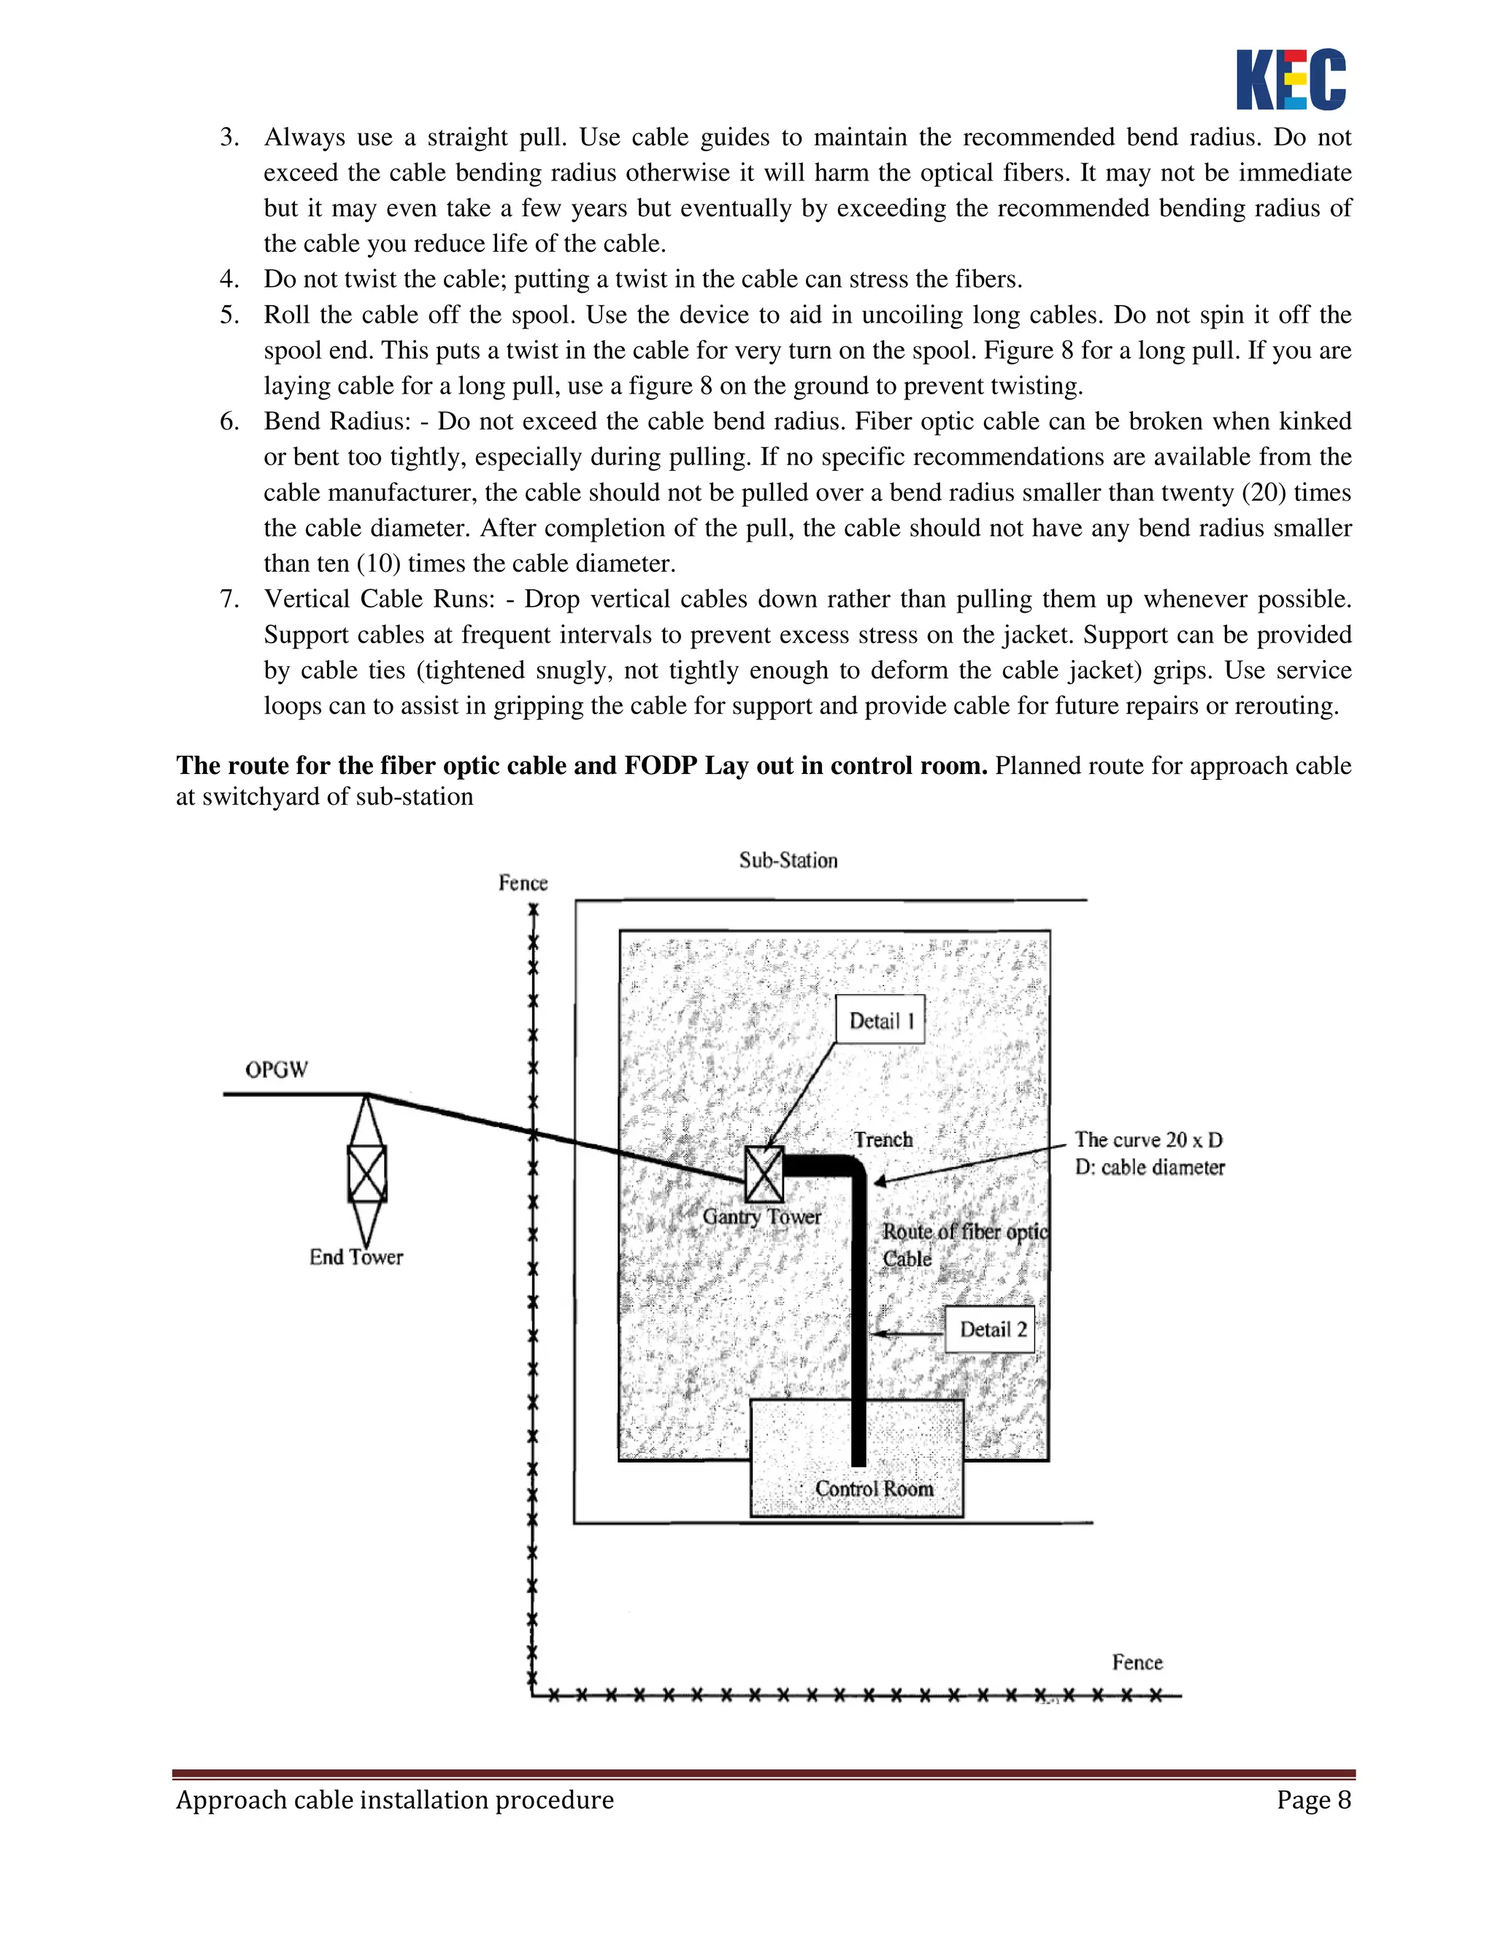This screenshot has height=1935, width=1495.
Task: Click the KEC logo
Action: point(1291,79)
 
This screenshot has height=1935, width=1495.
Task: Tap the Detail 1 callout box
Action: point(880,1020)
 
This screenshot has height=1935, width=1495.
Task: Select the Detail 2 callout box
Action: point(989,1329)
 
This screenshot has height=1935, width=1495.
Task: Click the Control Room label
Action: point(873,1488)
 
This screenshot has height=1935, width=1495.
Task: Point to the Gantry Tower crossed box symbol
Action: point(764,1175)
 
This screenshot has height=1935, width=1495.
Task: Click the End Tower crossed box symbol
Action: point(366,1174)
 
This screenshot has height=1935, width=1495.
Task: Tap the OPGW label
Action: point(277,1070)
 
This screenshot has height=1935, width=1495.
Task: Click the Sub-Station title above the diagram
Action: point(788,860)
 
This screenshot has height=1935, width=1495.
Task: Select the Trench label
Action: point(882,1139)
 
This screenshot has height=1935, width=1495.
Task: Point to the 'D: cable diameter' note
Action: point(1149,1168)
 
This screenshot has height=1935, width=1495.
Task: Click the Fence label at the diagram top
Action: point(523,884)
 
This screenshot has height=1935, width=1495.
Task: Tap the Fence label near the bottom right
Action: point(1137,1662)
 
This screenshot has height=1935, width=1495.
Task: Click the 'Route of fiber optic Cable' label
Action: point(964,1244)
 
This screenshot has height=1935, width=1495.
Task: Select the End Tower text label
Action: point(356,1257)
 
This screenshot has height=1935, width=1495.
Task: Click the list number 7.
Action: point(229,599)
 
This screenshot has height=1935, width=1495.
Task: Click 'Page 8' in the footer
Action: point(1313,1801)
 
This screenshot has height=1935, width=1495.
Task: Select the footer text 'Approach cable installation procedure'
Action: point(394,1801)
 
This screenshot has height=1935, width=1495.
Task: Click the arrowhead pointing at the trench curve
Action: point(880,1181)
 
